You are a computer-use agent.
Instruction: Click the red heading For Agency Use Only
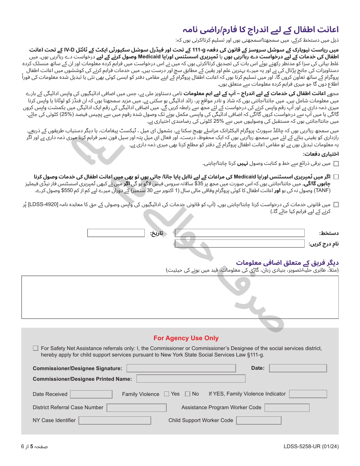coord(186,338)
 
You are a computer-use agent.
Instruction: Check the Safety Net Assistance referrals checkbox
coord(36,348)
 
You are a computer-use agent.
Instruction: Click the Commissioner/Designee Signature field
coord(181,368)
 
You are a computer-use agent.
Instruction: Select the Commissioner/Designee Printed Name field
coord(191,378)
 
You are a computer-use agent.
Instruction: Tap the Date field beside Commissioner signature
coord(297,368)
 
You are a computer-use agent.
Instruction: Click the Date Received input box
coord(91,394)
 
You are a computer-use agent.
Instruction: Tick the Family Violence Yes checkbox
coord(167,394)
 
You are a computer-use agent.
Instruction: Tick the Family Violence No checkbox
coord(188,394)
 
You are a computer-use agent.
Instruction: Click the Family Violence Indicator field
coord(308,394)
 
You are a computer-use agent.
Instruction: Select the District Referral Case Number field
coord(136,408)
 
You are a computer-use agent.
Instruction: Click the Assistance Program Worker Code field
coord(287,408)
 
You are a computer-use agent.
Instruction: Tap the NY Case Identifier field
coord(114,421)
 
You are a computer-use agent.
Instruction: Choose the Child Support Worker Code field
coord(259,421)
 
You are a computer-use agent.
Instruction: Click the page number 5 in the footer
coord(32,447)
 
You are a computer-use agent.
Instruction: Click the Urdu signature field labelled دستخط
coord(239,233)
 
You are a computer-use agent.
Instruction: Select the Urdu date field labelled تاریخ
coord(116,233)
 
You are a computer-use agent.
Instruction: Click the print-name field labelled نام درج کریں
coord(239,244)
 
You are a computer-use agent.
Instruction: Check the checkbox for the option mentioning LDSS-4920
coord(336,205)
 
